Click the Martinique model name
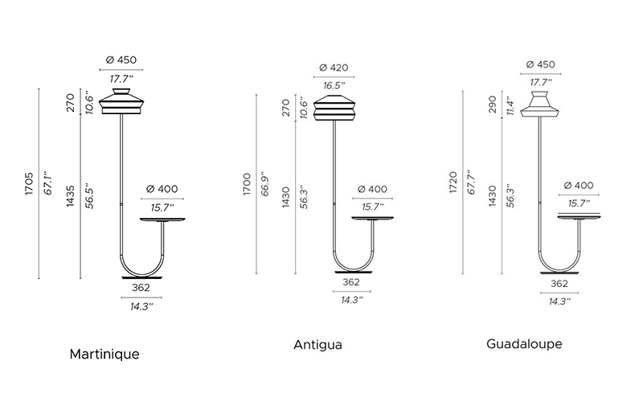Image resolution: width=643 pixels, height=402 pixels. click(x=104, y=354)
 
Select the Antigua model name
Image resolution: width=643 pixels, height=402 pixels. click(x=317, y=345)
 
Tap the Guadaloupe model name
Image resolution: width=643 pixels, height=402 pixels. click(x=524, y=344)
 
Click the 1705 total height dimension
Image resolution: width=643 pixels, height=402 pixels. click(x=29, y=184)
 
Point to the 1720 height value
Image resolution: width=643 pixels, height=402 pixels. click(x=453, y=183)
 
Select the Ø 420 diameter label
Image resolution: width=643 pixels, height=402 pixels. click(x=334, y=68)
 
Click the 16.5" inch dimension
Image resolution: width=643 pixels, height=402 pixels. click(x=334, y=86)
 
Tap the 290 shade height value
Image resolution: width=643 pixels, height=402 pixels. click(x=493, y=105)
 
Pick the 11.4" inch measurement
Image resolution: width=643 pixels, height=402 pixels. click(x=510, y=106)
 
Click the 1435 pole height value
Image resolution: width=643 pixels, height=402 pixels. click(x=71, y=196)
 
